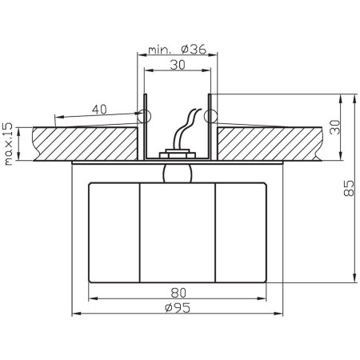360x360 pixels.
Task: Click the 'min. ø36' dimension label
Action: point(178,50)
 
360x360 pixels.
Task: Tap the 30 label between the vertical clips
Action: point(178,65)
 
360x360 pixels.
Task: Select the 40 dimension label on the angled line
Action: point(99,110)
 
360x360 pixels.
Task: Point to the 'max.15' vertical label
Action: point(9,144)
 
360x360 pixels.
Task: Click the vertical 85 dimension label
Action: point(349,188)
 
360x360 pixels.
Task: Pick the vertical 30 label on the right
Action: point(335,127)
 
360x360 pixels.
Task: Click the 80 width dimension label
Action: point(178,293)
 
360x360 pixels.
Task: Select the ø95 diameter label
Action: point(178,308)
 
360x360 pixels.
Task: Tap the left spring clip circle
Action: point(144,116)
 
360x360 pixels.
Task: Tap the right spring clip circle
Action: point(210,116)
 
